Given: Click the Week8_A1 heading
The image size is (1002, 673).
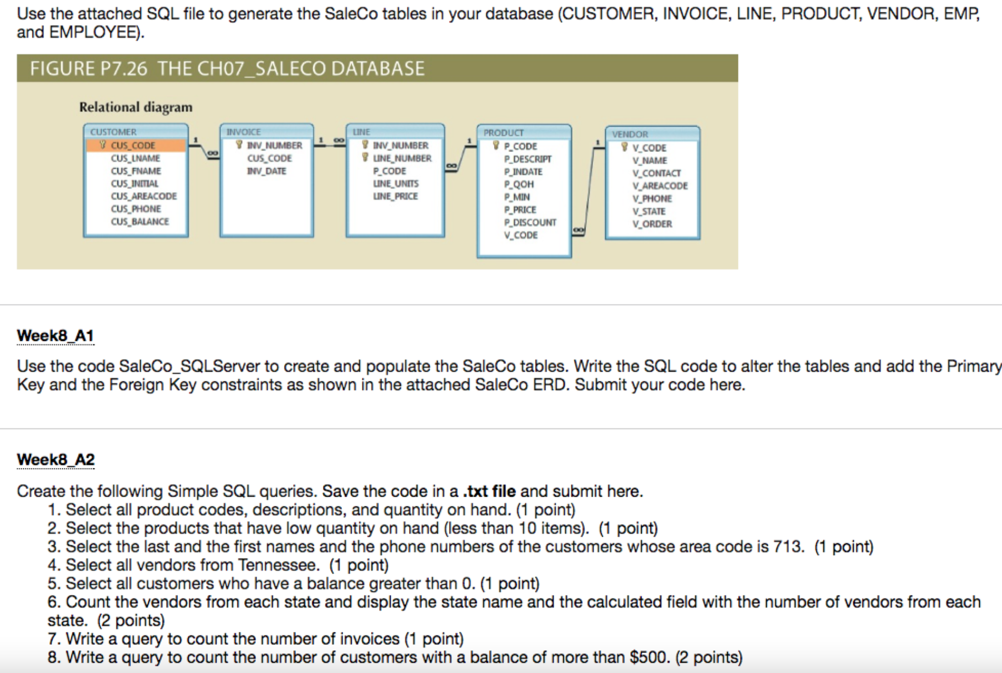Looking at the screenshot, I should pos(55,336).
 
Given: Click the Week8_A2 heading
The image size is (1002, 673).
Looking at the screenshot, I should pos(56,460).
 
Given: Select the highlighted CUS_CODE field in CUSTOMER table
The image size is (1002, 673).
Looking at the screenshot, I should pos(133,146).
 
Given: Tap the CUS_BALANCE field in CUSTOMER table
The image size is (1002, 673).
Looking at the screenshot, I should pos(140,222).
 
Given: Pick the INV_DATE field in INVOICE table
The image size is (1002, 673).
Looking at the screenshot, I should pos(267,171).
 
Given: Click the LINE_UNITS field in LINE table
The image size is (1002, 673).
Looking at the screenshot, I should pos(395,184).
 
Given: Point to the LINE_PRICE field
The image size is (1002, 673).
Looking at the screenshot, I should pos(395,196).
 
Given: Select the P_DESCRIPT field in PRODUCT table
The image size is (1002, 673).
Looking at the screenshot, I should pos(528,159).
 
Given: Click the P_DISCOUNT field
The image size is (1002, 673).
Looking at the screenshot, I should pos(530,222).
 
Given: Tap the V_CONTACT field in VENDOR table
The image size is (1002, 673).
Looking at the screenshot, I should pos(656,173).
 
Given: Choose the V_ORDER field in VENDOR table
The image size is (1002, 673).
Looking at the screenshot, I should pos(652,224).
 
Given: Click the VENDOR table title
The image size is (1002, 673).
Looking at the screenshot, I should pos(630,134).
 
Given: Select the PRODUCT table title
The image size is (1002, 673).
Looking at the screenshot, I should pos(503,133).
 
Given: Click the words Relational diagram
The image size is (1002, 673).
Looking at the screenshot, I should pos(136,107).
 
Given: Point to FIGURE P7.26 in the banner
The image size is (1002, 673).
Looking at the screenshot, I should pos(88,69).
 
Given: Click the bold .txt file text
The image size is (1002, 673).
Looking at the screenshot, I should pos(489,491).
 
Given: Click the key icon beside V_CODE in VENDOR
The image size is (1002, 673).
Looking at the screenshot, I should pos(624,147).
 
